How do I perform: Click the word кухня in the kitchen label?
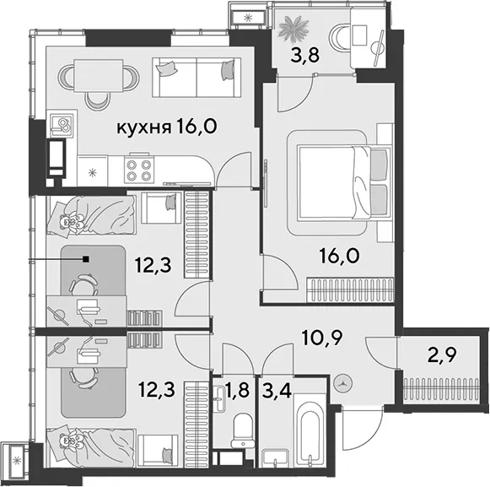(144, 127)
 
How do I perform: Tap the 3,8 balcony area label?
(304, 55)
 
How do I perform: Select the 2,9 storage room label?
(442, 354)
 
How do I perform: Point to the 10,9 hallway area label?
(322, 337)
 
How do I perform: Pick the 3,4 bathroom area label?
(277, 391)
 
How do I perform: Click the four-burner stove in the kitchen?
(139, 170)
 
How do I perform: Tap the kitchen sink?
(62, 125)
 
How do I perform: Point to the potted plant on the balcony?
(293, 30)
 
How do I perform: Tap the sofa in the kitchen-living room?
(197, 77)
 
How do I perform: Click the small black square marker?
(86, 259)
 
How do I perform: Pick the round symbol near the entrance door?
(343, 383)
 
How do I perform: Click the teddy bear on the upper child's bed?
(72, 220)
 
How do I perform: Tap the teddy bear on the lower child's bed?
(72, 440)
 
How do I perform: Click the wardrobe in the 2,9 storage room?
(441, 389)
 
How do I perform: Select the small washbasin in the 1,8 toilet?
(219, 398)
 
